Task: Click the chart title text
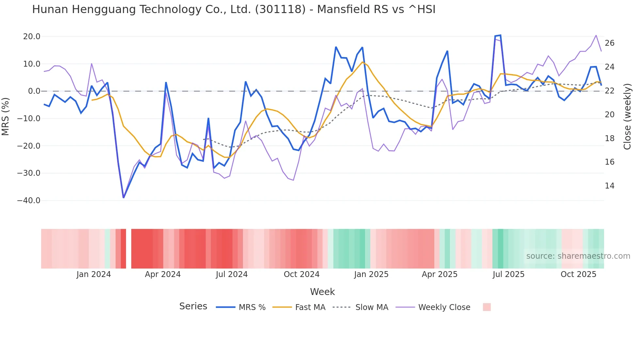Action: click(233, 9)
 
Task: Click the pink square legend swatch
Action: click(487, 307)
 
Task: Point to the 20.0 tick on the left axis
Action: click(32, 37)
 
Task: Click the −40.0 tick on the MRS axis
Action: click(29, 201)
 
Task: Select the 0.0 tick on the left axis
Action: click(34, 91)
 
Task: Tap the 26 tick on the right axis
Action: click(610, 43)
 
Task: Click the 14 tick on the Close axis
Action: click(610, 186)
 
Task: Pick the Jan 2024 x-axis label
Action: click(94, 274)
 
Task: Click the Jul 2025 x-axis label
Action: click(508, 274)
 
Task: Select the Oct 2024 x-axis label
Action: click(301, 274)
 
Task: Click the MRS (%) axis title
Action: click(6, 117)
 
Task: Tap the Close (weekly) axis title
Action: click(627, 117)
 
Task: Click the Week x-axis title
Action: click(322, 292)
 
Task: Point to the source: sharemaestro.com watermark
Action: click(578, 256)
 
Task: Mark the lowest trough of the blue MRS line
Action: click(123, 197)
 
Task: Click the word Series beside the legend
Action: click(193, 306)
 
